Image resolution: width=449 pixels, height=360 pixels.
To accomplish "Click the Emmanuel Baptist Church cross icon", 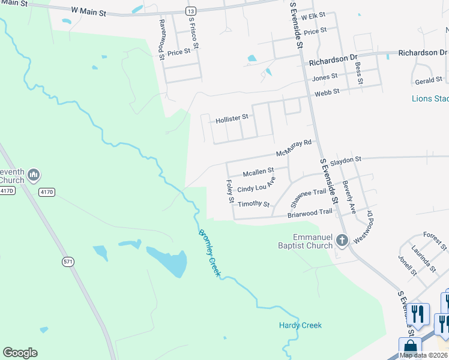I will coord(342,241).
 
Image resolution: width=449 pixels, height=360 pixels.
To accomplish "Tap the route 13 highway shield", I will coord(190,11).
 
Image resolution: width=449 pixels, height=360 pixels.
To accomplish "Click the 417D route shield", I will coord(7,191).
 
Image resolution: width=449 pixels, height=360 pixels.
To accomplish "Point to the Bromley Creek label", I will coord(210,254).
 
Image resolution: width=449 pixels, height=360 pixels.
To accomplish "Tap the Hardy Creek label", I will coord(300,325).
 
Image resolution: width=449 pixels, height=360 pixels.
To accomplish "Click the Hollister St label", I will coord(232,118).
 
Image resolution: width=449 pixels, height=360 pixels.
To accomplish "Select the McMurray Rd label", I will coord(295,148).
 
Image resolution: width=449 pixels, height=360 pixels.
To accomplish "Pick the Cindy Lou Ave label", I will coord(256,185).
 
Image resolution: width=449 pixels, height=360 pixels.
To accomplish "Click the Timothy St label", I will coord(253,204).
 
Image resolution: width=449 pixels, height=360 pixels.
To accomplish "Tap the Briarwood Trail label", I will coord(310,212).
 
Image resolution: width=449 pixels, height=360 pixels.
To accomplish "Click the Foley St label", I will coord(229,191).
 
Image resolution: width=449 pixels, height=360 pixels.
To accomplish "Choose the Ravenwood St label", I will coord(162,40).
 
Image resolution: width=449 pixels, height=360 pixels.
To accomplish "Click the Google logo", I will coord(20,353).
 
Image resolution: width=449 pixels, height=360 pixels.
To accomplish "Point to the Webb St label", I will coord(327,91).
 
